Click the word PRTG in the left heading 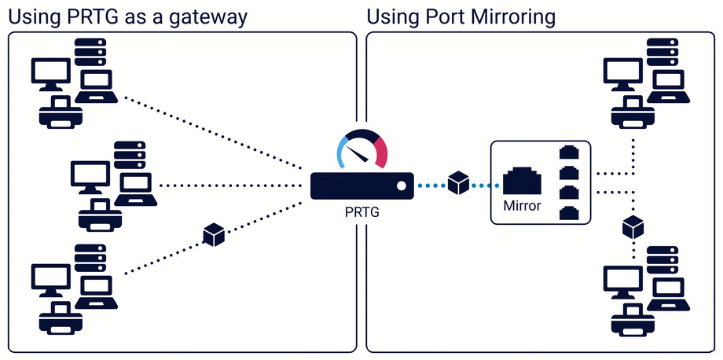pos(84,17)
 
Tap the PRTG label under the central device pos(361,211)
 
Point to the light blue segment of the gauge pos(343,150)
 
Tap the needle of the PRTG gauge pos(359,149)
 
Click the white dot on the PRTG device pos(401,186)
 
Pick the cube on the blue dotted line pos(458,184)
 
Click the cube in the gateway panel pos(214,234)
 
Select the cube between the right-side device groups pos(633,228)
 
